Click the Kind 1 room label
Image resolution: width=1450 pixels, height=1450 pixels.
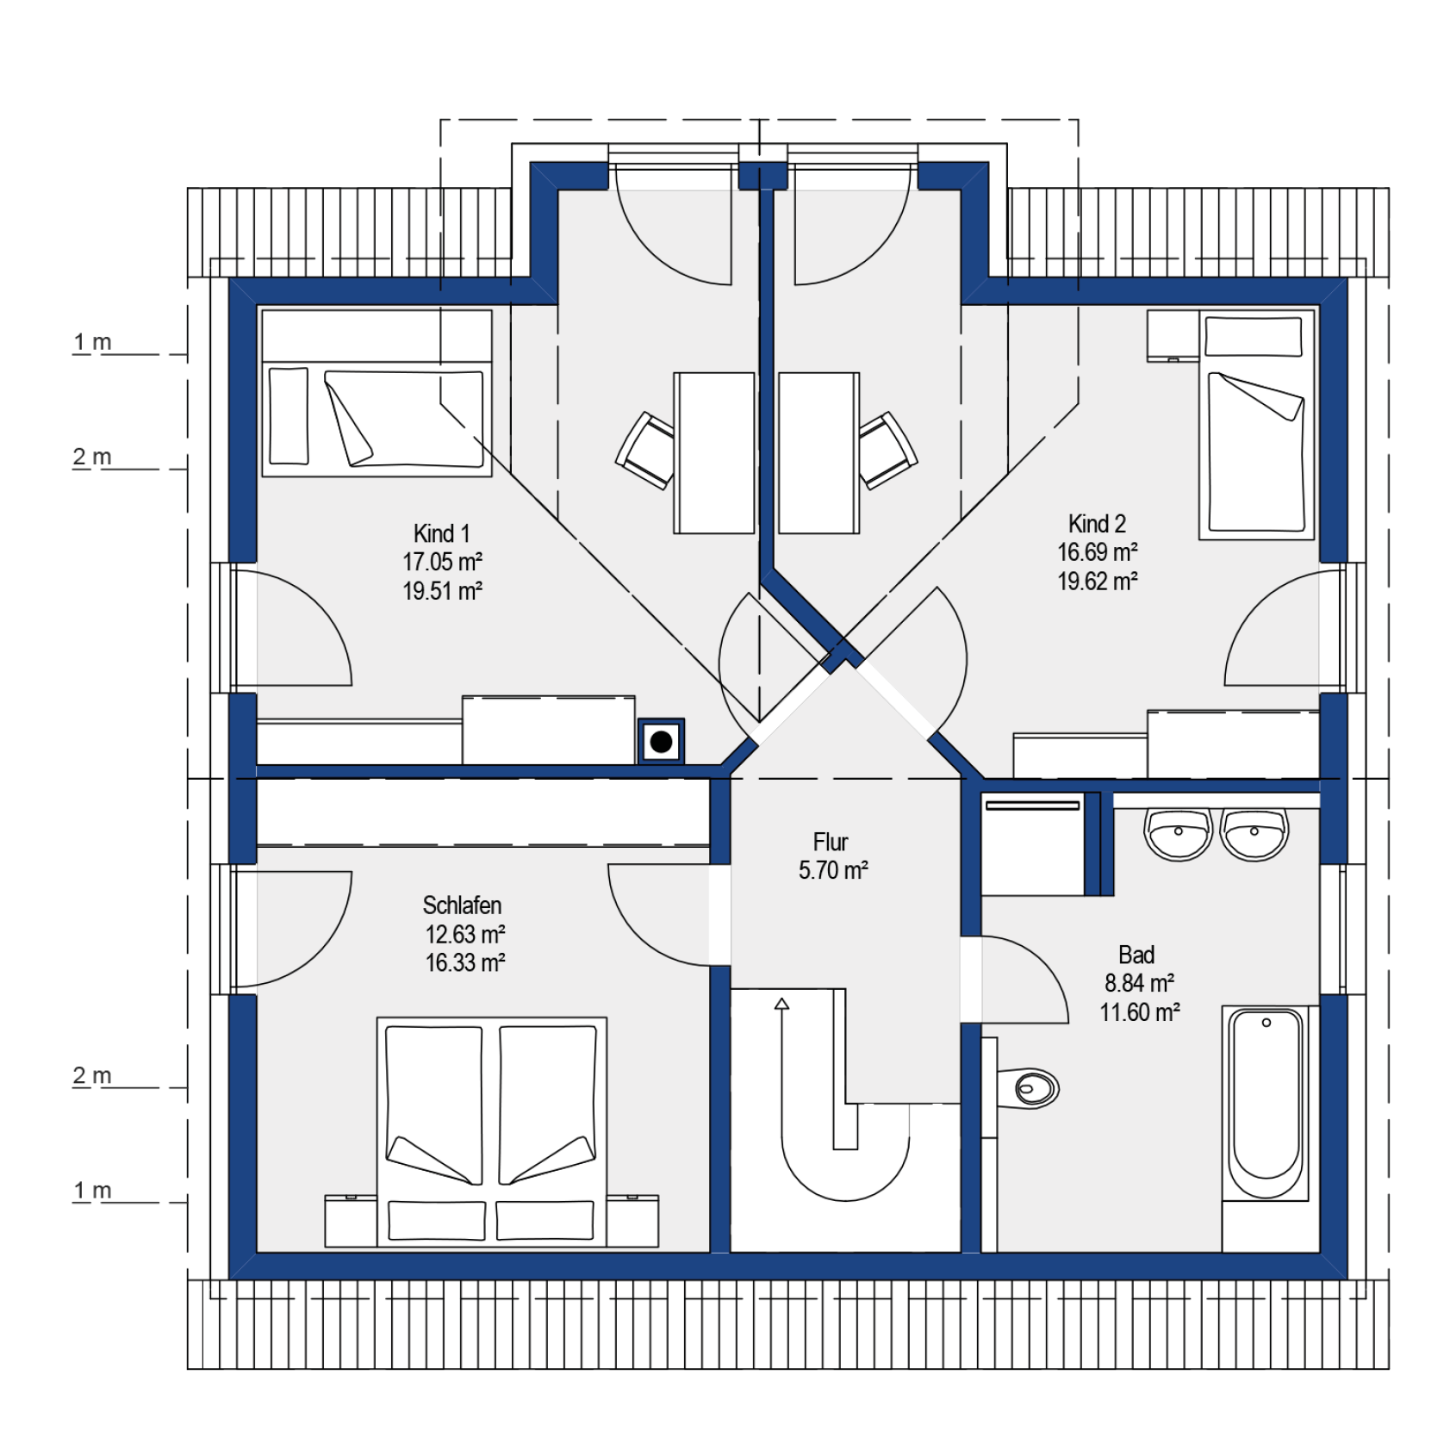[x=441, y=533]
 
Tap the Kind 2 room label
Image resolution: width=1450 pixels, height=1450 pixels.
[x=1097, y=524]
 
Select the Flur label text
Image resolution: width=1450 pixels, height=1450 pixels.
[x=831, y=842]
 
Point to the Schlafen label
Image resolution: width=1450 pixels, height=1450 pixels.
[x=462, y=905]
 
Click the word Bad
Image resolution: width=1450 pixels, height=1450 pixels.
[x=1136, y=955]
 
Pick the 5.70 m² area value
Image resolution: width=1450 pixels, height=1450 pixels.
[x=833, y=870]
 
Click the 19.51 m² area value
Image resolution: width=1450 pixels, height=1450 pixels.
[x=442, y=591]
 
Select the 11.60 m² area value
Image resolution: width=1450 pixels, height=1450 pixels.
[x=1139, y=1012]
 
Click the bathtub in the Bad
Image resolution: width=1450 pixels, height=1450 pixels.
[x=1266, y=1103]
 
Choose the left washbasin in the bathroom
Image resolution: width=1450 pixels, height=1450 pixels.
[x=1178, y=834]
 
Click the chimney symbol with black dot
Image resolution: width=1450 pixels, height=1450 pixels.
[x=661, y=741]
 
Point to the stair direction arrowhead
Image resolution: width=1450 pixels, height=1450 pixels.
[x=781, y=1004]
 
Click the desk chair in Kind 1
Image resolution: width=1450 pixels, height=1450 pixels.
[x=645, y=451]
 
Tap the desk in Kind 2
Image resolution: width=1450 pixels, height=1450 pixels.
[x=818, y=453]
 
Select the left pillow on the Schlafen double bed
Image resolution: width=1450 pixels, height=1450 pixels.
[x=437, y=1220]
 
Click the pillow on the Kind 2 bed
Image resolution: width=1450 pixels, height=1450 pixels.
[x=1254, y=336]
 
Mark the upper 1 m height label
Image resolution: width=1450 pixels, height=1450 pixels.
[x=92, y=342]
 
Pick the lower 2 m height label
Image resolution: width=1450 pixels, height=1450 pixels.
[x=92, y=1075]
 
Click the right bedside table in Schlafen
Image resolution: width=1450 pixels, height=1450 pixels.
[x=632, y=1221]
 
